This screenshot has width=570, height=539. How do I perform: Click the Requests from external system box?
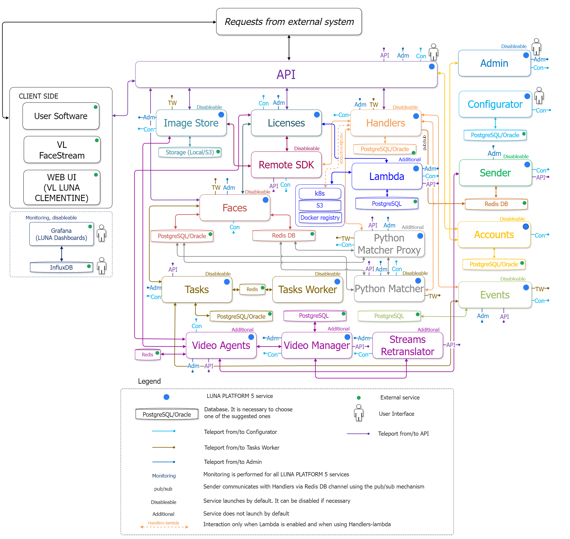pyautogui.click(x=289, y=22)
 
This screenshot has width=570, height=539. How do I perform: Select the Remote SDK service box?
pyautogui.click(x=286, y=165)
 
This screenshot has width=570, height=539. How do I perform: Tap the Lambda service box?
pyautogui.click(x=386, y=176)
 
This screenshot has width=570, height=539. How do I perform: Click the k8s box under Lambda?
pyautogui.click(x=319, y=194)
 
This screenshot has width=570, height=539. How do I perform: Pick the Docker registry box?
pyautogui.click(x=320, y=218)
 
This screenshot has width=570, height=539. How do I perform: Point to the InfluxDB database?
pyautogui.click(x=61, y=267)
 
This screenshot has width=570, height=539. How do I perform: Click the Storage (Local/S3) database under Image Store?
pyautogui.click(x=190, y=152)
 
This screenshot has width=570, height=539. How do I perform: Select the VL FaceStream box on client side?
pyautogui.click(x=62, y=150)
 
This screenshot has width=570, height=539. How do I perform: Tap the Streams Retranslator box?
pyautogui.click(x=407, y=345)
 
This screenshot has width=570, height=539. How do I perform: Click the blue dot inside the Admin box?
pyautogui.click(x=526, y=55)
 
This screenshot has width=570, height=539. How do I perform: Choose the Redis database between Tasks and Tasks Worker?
pyautogui.click(x=252, y=289)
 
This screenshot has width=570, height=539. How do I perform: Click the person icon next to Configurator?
pyautogui.click(x=539, y=96)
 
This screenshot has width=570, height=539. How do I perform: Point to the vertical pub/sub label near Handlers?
pyautogui.click(x=424, y=143)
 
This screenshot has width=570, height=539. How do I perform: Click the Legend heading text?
pyautogui.click(x=149, y=381)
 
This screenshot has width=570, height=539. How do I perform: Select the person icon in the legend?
pyautogui.click(x=359, y=413)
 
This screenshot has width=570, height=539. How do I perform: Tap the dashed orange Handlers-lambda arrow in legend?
pyautogui.click(x=164, y=527)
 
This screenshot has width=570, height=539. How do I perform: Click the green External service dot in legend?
pyautogui.click(x=359, y=398)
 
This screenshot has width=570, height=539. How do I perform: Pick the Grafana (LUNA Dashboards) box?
pyautogui.click(x=61, y=234)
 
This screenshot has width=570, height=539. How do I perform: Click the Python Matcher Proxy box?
pyautogui.click(x=389, y=244)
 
